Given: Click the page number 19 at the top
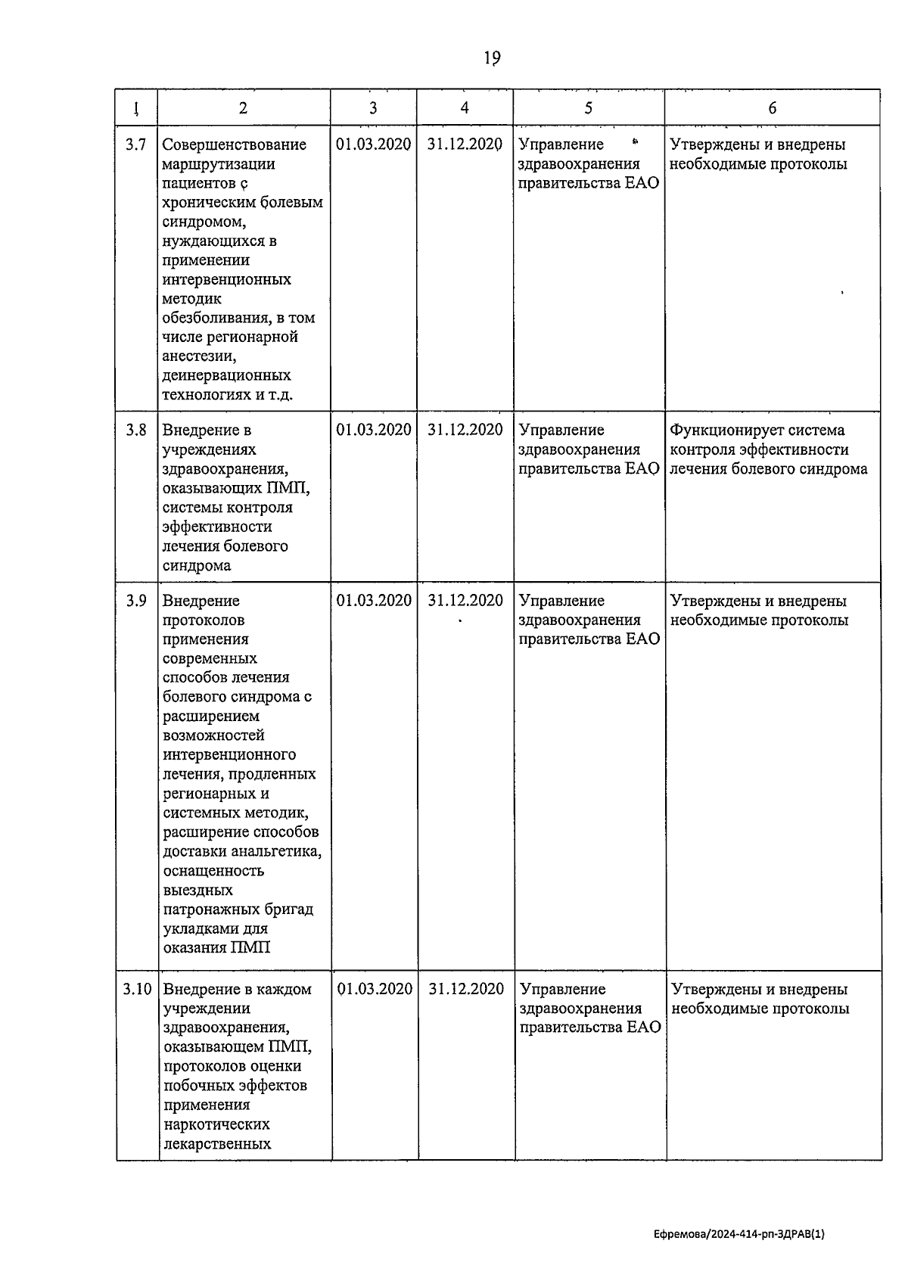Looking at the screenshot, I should click(492, 58).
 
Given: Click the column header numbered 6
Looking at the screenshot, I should click(772, 108).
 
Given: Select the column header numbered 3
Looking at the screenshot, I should click(373, 108).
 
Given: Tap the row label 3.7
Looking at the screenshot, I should click(136, 145).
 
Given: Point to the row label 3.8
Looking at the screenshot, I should click(136, 431).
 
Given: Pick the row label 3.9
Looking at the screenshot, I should click(136, 601).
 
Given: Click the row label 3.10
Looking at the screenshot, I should click(138, 989).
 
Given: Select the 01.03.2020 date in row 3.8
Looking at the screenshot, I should click(374, 431).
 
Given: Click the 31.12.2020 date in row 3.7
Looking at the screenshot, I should click(465, 145).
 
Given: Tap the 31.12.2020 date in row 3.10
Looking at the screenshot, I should click(466, 989).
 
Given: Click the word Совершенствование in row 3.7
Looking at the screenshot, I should click(235, 145).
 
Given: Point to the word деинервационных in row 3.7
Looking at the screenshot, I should click(226, 376).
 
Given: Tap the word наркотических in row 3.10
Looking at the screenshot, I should click(216, 1124).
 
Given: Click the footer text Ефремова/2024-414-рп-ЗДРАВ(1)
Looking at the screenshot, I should click(739, 1234).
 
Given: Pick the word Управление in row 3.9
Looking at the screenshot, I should click(561, 601).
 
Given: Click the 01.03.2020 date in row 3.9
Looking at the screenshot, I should click(374, 601).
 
